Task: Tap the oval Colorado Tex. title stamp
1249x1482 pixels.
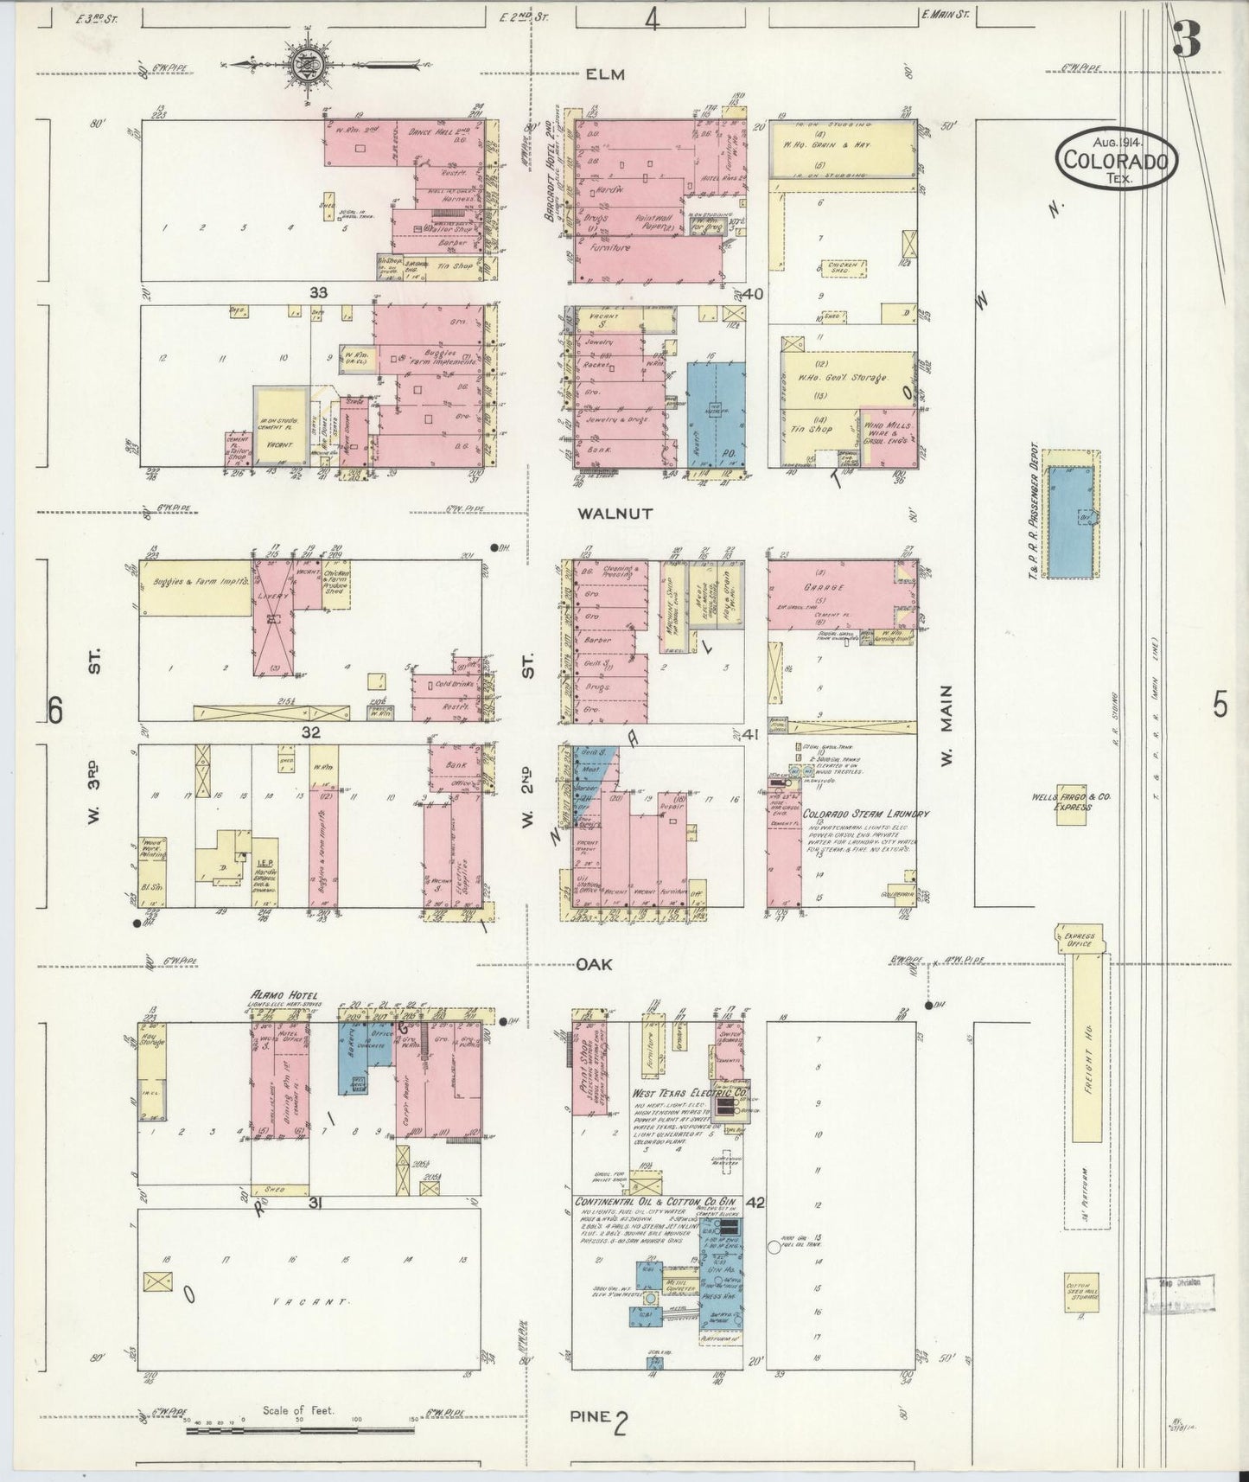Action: [x=1118, y=159]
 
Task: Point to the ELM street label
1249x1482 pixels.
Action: [x=604, y=75]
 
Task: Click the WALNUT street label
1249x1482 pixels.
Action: [x=615, y=513]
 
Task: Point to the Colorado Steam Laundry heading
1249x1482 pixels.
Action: [x=865, y=814]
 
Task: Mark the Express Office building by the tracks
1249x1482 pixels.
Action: [x=1081, y=939]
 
